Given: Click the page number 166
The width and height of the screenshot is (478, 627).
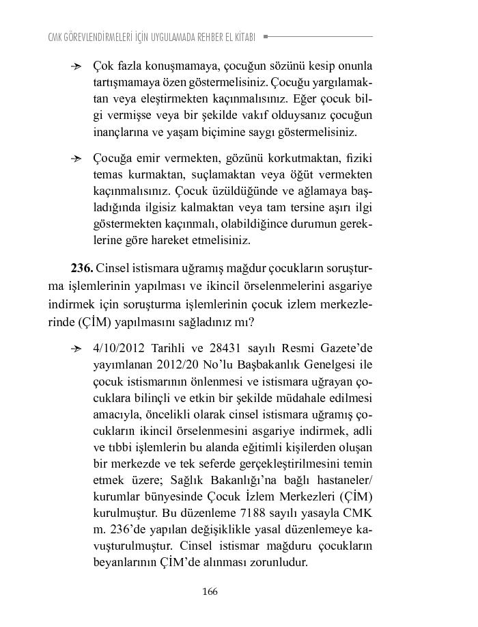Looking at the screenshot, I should [210, 591].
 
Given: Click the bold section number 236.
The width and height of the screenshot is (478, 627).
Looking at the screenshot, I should [82, 267].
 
